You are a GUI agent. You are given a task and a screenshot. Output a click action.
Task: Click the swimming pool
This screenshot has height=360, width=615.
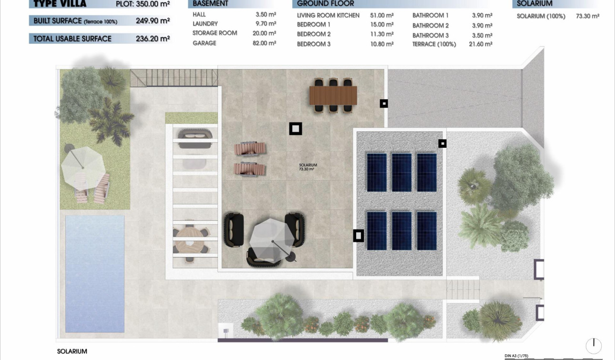pyautogui.click(x=95, y=273)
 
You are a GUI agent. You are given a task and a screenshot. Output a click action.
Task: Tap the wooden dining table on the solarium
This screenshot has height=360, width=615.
pyautogui.click(x=333, y=95)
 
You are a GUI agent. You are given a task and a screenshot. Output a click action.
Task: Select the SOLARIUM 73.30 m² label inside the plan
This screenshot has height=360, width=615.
pyautogui.click(x=307, y=167)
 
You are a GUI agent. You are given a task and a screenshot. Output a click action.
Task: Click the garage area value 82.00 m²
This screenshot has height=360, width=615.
pyautogui.click(x=266, y=43)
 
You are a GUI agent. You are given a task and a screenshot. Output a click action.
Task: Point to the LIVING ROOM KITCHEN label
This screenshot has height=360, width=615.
pyautogui.click(x=328, y=15)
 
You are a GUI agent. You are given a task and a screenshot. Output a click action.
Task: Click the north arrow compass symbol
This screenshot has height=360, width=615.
pyautogui.click(x=594, y=345)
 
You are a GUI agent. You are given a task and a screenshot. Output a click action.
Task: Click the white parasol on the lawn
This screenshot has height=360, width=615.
pyautogui.click(x=83, y=164)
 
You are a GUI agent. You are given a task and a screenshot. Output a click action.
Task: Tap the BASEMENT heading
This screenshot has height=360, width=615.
pyautogui.click(x=210, y=4)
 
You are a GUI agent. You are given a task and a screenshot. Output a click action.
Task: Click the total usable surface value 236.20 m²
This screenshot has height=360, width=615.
pyautogui.click(x=153, y=39)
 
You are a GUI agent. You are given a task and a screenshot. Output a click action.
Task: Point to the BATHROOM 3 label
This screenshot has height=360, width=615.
pyautogui.click(x=430, y=35)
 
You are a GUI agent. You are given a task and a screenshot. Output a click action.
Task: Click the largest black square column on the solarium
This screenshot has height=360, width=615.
pyautogui.click(x=296, y=129)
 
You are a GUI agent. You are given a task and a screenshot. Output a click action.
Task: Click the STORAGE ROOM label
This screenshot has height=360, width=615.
pyautogui.click(x=215, y=33)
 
